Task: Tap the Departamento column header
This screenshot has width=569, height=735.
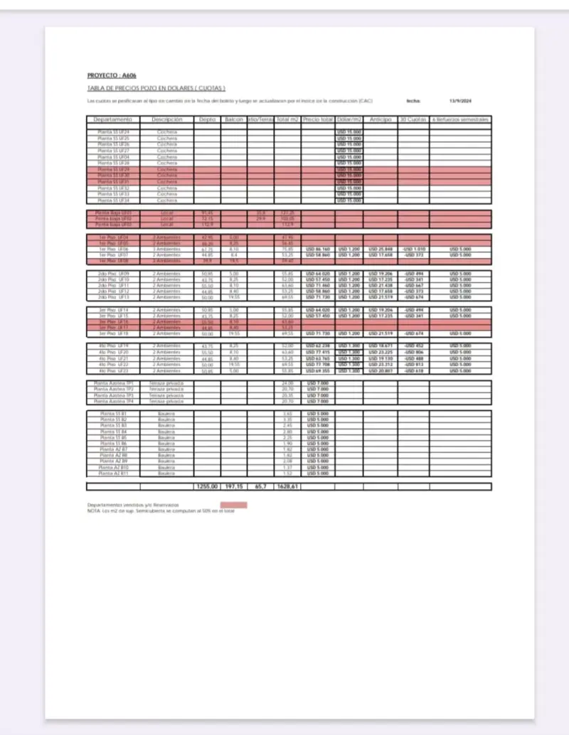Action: pyautogui.click(x=113, y=119)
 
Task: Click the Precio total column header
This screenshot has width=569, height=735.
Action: pyautogui.click(x=318, y=119)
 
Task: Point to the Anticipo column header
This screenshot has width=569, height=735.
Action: pyautogui.click(x=381, y=119)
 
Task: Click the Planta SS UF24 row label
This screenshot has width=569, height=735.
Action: pyautogui.click(x=113, y=132)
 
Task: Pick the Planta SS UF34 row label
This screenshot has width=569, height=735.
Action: pyautogui.click(x=113, y=200)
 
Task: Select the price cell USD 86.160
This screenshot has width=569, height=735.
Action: pyautogui.click(x=318, y=250)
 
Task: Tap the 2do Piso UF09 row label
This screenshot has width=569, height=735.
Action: pyautogui.click(x=113, y=274)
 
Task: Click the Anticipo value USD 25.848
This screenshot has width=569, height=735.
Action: pyautogui.click(x=381, y=250)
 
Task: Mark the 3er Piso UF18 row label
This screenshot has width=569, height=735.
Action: pyautogui.click(x=113, y=333)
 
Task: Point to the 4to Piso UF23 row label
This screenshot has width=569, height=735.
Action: pyautogui.click(x=113, y=371)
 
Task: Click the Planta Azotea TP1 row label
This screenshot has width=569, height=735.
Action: pyautogui.click(x=113, y=383)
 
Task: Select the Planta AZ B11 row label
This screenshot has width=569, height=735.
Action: pyautogui.click(x=113, y=473)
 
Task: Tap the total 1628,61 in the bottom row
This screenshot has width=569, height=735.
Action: pyautogui.click(x=287, y=487)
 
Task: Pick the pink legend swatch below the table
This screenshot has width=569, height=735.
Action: pyautogui.click(x=234, y=505)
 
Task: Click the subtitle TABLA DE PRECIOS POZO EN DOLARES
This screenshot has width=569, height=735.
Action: pyautogui.click(x=156, y=88)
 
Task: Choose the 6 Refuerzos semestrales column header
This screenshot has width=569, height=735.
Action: pyautogui.click(x=459, y=119)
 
